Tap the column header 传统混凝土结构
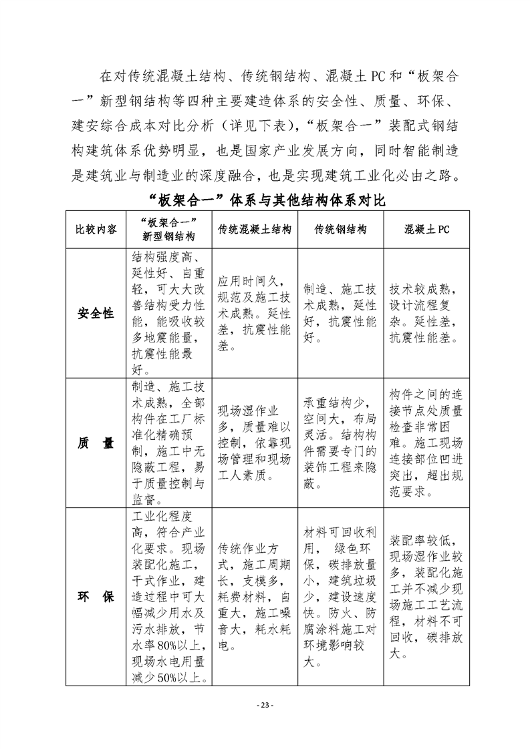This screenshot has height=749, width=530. [255, 229]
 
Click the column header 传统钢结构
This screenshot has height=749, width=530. [340, 229]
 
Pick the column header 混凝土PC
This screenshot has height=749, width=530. [426, 229]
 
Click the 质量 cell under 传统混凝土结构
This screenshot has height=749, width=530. [255, 444]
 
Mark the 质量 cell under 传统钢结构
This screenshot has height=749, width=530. [340, 444]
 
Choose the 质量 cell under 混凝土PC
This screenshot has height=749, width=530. [426, 444]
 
